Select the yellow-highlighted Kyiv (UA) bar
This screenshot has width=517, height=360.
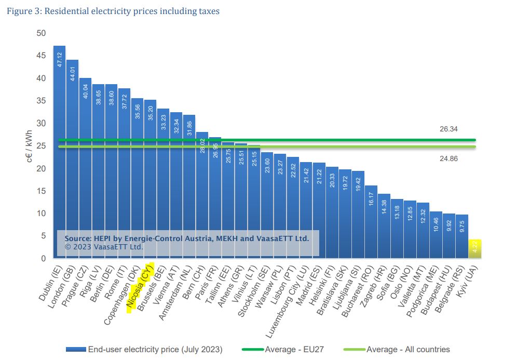click(x=475, y=249)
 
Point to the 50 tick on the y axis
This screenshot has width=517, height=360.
click(x=41, y=33)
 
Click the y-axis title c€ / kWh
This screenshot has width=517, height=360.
click(x=30, y=146)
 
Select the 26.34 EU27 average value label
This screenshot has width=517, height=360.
click(x=448, y=129)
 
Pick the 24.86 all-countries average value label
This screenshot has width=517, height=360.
click(x=448, y=159)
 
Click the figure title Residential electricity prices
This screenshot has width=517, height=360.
click(x=113, y=11)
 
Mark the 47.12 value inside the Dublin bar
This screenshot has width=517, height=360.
click(x=60, y=59)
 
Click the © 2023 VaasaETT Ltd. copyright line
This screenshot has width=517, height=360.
click(x=104, y=247)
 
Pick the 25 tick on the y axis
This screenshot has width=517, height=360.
click(x=41, y=146)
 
